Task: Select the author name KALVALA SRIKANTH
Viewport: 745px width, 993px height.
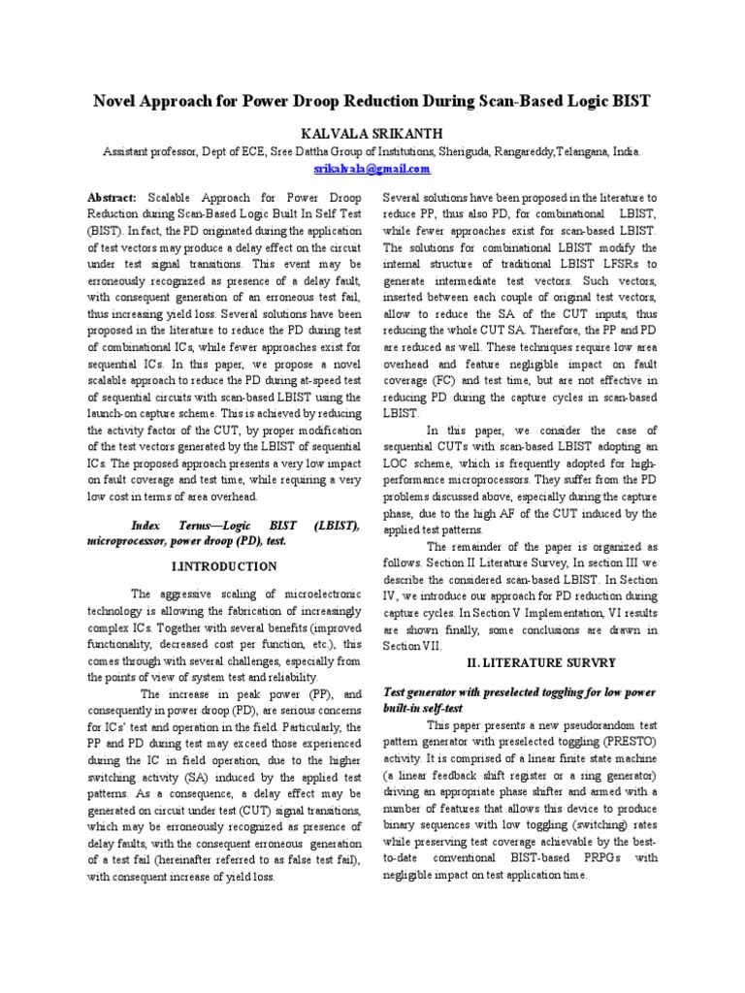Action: point(372,132)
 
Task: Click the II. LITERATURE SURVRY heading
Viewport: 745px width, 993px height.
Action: point(522,661)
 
